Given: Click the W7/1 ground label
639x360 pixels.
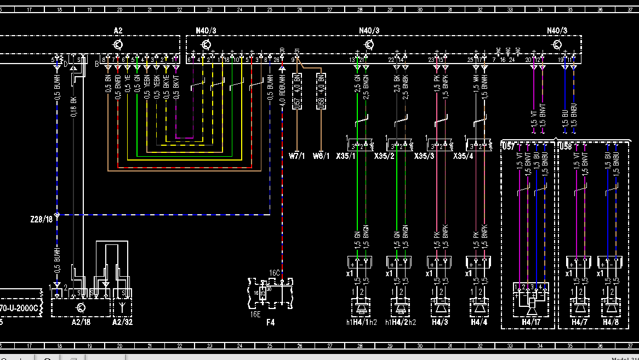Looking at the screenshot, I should (x=298, y=156).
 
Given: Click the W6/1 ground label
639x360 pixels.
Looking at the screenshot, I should (x=321, y=156).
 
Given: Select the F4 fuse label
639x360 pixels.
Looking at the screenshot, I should (x=271, y=323).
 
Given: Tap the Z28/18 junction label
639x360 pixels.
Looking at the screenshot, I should (x=41, y=219).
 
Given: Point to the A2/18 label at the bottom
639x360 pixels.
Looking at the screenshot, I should (x=81, y=323).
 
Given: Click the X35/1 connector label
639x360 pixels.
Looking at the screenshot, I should (x=345, y=156).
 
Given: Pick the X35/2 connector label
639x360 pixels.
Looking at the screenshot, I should (x=384, y=156).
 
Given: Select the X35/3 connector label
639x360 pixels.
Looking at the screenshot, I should (x=424, y=156).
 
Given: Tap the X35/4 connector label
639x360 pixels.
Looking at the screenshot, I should (x=463, y=156).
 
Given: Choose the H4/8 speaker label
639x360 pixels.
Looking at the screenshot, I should (x=611, y=323).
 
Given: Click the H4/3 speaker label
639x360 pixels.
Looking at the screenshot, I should (x=440, y=323).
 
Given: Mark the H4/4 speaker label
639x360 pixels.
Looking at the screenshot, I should (x=479, y=323).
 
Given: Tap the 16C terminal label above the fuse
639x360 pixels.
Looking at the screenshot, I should (x=274, y=272).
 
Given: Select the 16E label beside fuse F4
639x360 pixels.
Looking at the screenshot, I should (x=255, y=315).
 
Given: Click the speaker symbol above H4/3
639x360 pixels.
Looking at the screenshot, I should (x=440, y=307).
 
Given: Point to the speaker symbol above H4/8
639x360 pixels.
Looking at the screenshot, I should (x=611, y=307).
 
